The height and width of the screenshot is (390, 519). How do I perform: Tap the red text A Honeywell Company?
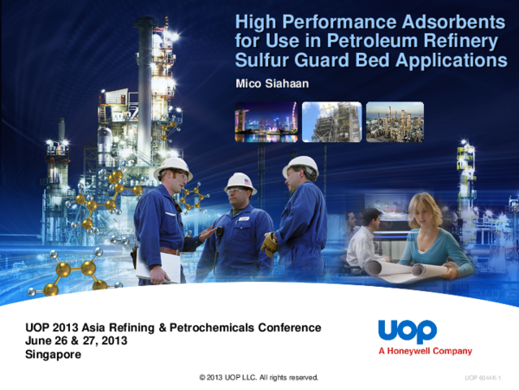(425, 351)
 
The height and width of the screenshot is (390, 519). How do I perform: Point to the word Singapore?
(54, 354)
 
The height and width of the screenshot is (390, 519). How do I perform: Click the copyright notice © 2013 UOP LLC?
(259, 377)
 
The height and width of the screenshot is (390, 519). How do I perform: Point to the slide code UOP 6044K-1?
(485, 378)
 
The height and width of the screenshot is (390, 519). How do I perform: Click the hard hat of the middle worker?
(240, 180)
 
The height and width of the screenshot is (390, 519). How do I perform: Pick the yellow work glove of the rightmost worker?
(271, 243)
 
